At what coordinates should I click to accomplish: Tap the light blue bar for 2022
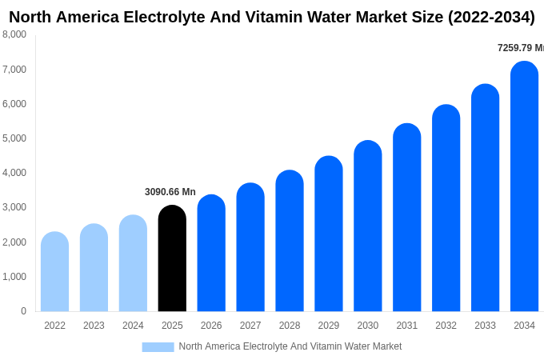point(54,272)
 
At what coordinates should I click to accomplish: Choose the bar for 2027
point(250,247)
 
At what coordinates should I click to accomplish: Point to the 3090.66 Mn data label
point(170,192)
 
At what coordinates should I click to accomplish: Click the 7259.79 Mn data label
point(520,48)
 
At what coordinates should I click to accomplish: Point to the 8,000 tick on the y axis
point(14,34)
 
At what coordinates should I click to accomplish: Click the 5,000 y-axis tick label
point(14,138)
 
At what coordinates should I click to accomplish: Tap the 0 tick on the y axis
point(23,311)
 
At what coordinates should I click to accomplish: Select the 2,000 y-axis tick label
point(14,242)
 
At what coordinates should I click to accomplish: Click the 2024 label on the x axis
point(133,326)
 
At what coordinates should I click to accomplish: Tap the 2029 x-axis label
point(329,326)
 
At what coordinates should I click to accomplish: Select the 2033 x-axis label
point(485,326)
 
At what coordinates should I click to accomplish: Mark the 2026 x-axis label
point(211,326)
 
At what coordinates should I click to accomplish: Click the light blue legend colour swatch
point(158,347)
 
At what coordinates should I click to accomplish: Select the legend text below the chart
point(290,346)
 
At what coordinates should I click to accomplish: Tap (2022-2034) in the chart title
point(487,17)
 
